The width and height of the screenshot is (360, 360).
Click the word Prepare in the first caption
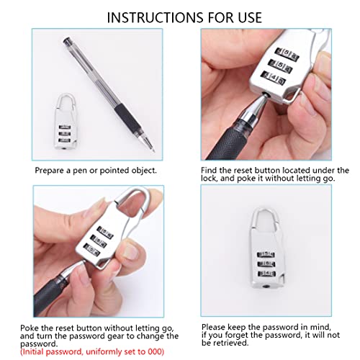click(52, 171)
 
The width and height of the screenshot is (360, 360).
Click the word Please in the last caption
click(213, 325)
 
